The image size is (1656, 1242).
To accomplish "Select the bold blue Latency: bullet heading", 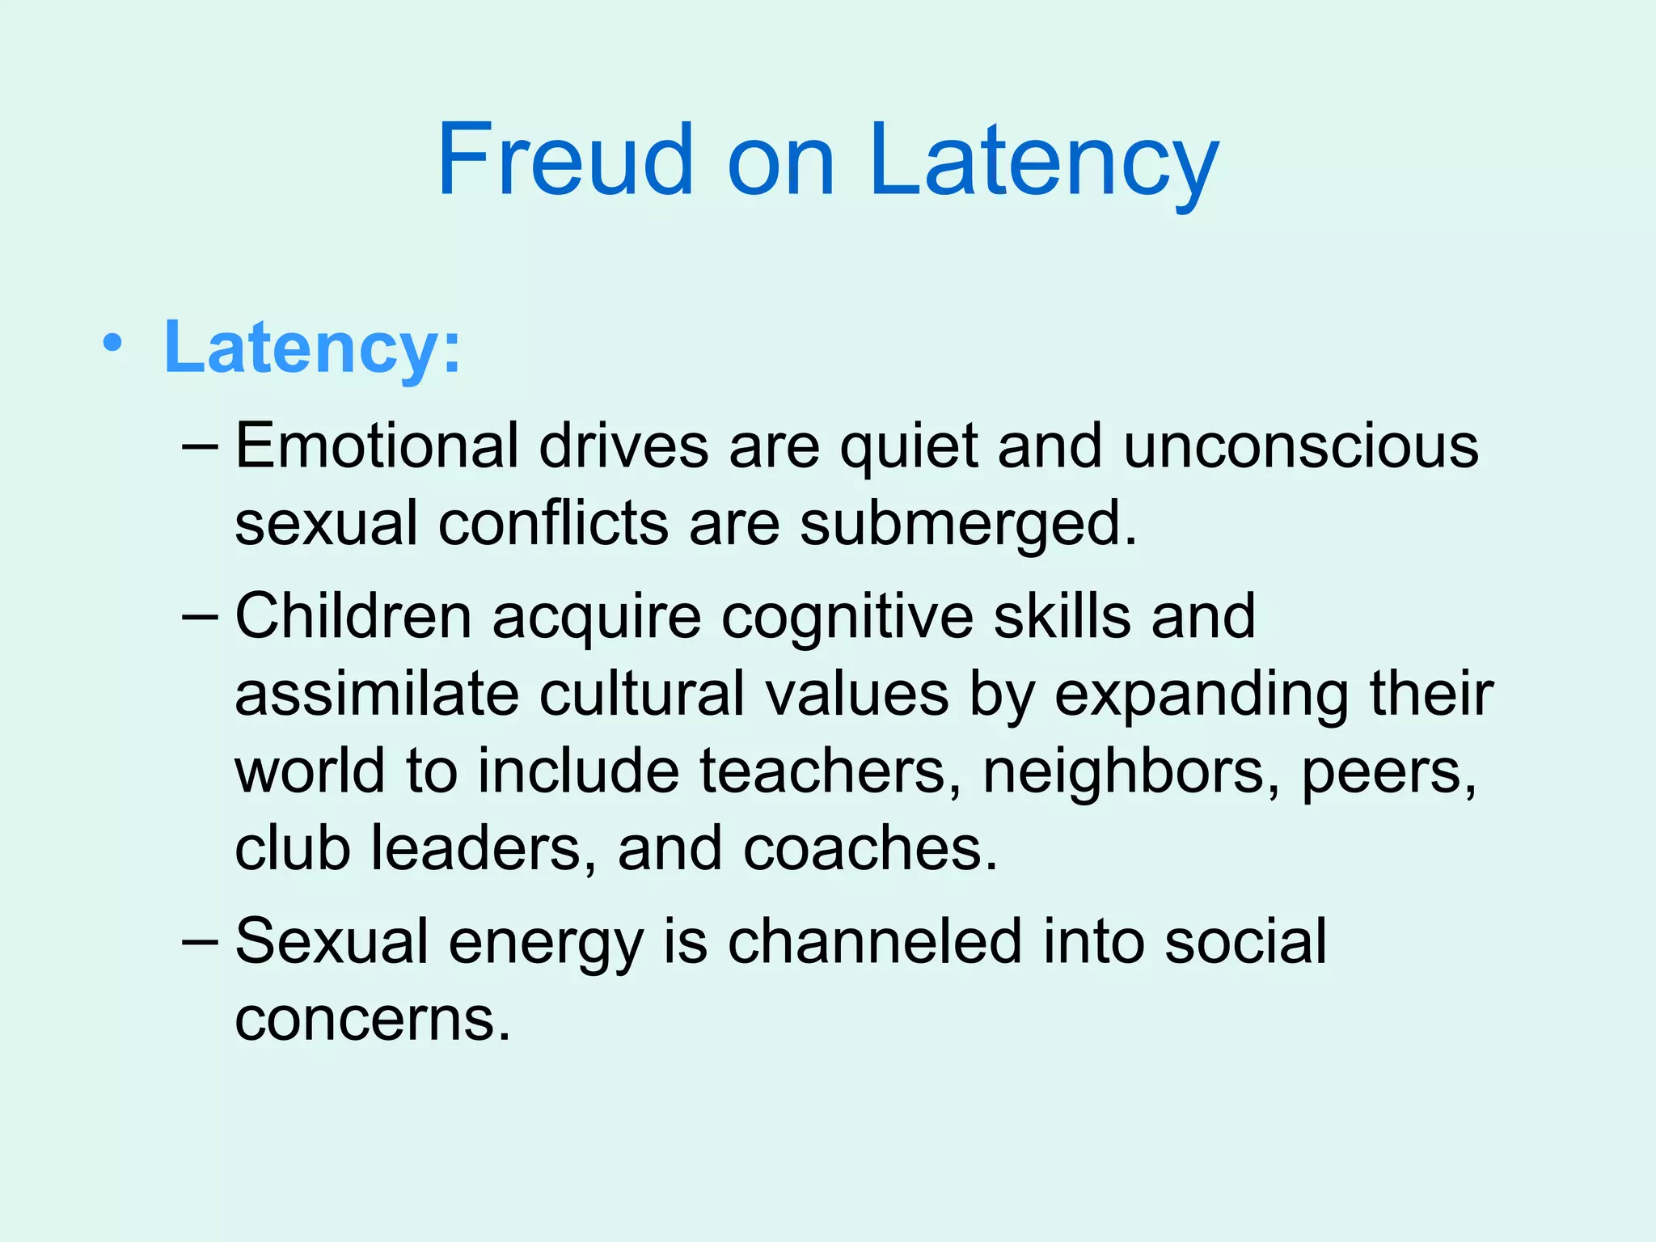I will pyautogui.click(x=312, y=348).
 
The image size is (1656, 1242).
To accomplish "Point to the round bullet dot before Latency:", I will pyautogui.click(x=113, y=344).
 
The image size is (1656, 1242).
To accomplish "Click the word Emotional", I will pyautogui.click(x=377, y=446).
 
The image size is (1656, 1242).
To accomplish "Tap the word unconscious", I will pyautogui.click(x=1301, y=446).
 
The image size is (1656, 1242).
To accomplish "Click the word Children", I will pyautogui.click(x=353, y=617).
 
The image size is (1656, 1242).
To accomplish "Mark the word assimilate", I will pyautogui.click(x=377, y=695).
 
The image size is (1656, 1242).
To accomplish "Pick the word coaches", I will pyautogui.click(x=870, y=849).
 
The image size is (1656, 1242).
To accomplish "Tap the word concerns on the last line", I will pyautogui.click(x=373, y=1019).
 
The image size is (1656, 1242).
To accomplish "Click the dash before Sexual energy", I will pyautogui.click(x=200, y=942).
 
